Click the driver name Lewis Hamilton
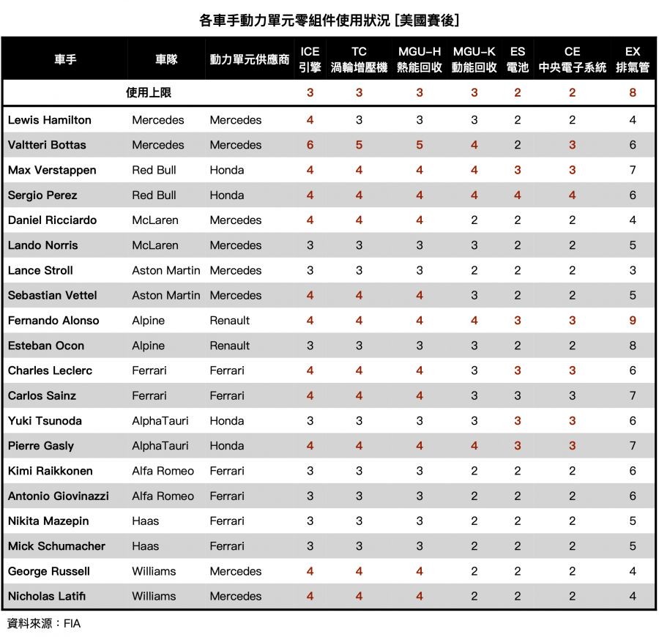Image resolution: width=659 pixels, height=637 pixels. coord(50,120)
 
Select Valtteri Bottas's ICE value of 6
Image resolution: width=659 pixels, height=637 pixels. coord(310,145)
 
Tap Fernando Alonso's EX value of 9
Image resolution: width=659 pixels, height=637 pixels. coord(633,321)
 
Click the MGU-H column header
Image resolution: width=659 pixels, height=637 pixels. coord(420,59)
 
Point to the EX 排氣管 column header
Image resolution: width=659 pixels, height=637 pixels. coord(633,59)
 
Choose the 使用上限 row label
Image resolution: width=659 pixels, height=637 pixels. coord(149,93)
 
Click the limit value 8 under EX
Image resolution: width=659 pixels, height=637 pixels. coord(633,93)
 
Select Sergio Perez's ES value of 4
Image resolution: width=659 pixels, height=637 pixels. coord(518,195)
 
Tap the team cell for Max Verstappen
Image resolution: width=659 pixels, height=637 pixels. coord(154,170)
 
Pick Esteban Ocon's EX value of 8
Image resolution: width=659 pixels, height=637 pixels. coord(633,346)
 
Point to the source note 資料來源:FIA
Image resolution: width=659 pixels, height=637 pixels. coord(43,624)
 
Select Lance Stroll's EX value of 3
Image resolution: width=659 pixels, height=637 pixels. coord(633,270)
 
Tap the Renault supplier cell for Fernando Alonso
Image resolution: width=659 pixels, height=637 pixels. coord(229,321)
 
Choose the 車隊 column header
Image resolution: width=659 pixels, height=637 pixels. coord(166,59)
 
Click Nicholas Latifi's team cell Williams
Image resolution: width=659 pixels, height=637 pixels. coord(154,596)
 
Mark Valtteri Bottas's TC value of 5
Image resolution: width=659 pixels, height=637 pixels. coord(359,145)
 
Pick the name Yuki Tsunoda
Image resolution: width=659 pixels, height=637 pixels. coord(45,421)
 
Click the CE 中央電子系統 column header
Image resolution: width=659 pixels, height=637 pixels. coord(572,59)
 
